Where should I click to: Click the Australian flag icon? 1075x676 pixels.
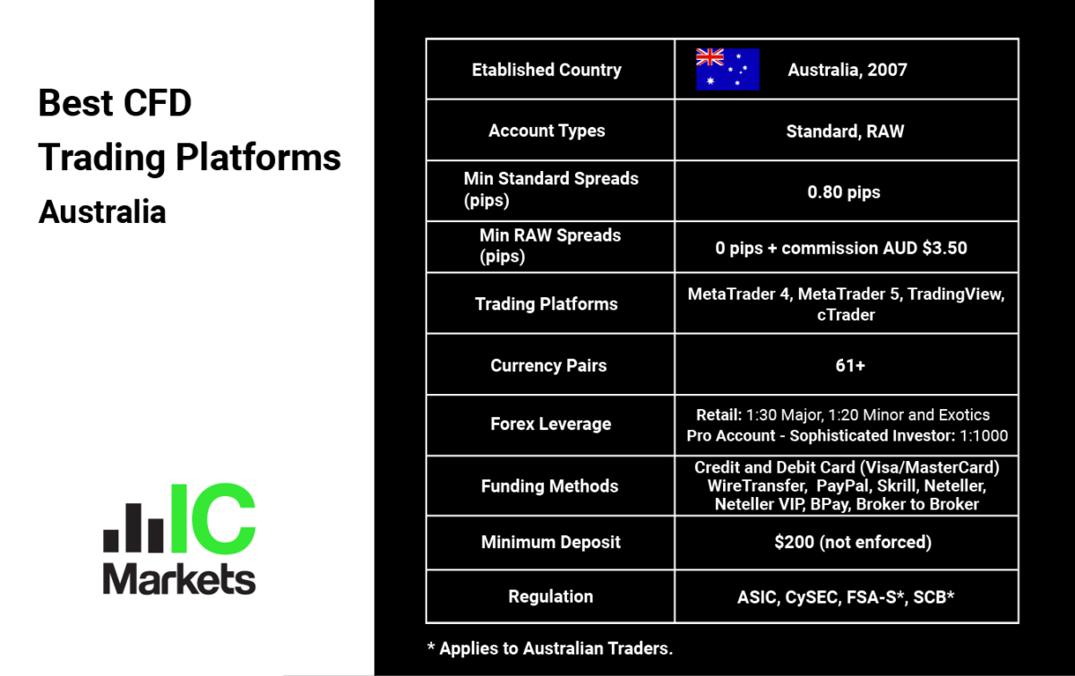pos(727,70)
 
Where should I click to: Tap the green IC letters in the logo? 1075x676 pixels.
pos(213,518)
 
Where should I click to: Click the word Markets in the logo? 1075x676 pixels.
pos(179,579)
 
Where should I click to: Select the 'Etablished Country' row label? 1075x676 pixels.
pos(546,70)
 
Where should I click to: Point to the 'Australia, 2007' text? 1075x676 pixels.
pos(847,70)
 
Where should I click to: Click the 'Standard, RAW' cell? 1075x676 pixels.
pos(845,131)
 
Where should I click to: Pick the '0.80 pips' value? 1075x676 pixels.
pos(844,192)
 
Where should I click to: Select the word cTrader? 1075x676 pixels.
pos(846,315)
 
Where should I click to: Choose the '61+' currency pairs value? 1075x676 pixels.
pos(850,365)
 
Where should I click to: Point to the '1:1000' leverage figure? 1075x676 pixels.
pos(984,436)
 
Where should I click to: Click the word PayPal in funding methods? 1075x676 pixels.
pos(843,485)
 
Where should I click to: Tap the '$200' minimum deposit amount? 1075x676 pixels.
pos(795,543)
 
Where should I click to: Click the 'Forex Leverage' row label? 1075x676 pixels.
pos(551,424)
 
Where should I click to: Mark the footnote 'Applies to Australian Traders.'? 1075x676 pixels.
pos(556,648)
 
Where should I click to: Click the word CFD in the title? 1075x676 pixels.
pos(158,103)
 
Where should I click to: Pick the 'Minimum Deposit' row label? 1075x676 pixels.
pos(551,543)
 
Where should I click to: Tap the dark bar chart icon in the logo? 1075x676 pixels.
pos(133,527)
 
